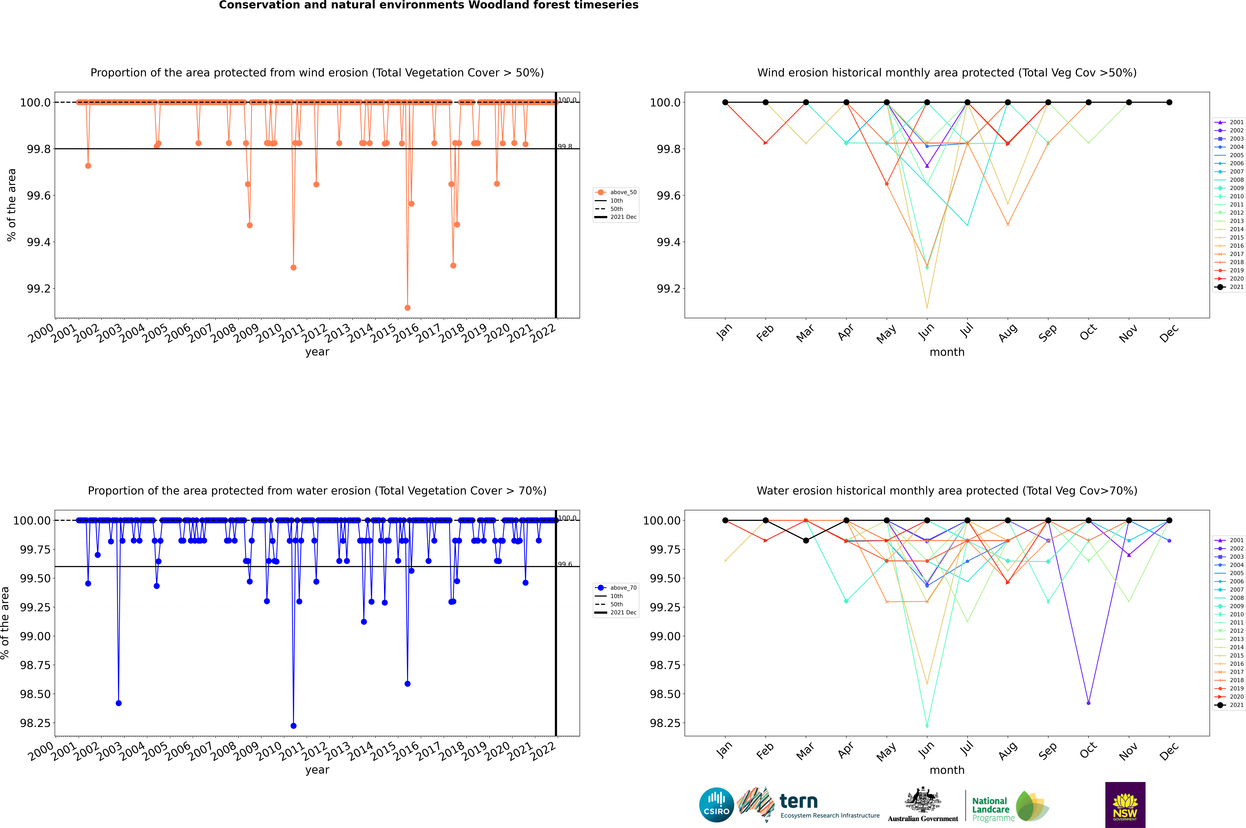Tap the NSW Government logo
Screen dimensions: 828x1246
[1125, 805]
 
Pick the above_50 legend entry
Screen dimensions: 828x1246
[616, 192]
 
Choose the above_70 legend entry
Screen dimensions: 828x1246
[616, 588]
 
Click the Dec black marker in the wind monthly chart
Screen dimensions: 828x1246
[1169, 102]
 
